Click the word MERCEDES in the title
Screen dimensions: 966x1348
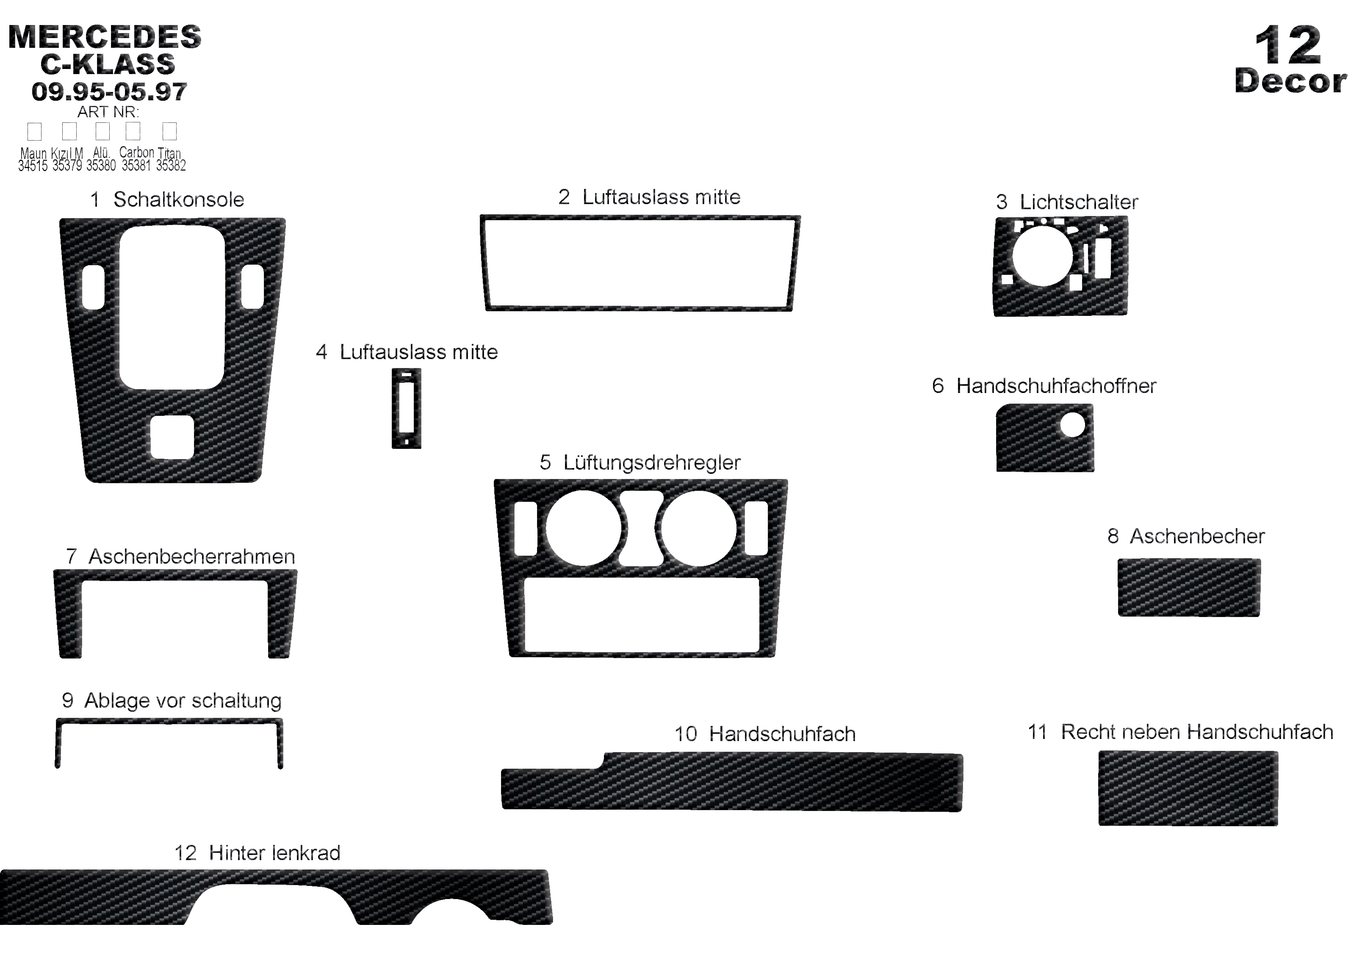click(x=105, y=37)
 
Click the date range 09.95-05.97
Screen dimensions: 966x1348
click(x=109, y=91)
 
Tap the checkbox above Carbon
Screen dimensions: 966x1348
click(x=133, y=131)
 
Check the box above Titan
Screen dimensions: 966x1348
click(x=169, y=131)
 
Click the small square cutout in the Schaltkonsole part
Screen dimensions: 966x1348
click(x=172, y=437)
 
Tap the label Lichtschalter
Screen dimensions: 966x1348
click(x=1078, y=202)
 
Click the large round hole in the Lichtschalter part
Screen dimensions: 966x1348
click(x=1042, y=256)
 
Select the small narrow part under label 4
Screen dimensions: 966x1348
click(x=407, y=408)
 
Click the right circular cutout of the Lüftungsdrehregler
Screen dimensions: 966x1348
click(x=698, y=528)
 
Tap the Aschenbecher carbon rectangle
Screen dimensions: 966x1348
click(x=1189, y=587)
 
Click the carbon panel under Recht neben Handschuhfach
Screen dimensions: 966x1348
click(x=1187, y=788)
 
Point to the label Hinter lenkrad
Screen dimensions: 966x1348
click(x=274, y=853)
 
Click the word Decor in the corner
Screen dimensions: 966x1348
click(x=1290, y=81)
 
